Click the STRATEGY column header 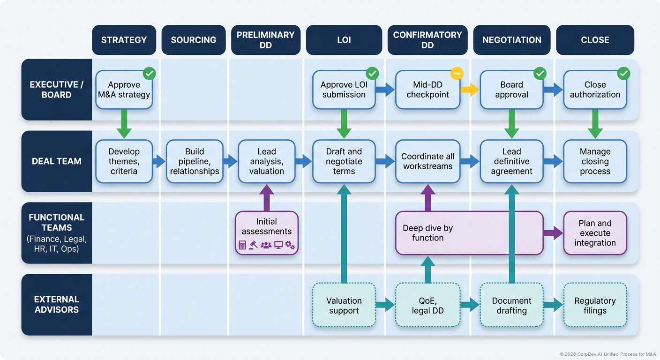pyautogui.click(x=124, y=40)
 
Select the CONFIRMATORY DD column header pyautogui.click(x=427, y=40)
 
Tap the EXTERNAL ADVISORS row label pyautogui.click(x=57, y=304)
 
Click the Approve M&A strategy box pyautogui.click(x=124, y=90)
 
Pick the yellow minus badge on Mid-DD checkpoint pyautogui.click(x=457, y=73)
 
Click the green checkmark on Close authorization pyautogui.click(x=623, y=73)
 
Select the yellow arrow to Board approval pyautogui.click(x=470, y=90)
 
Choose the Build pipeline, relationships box pyautogui.click(x=194, y=161)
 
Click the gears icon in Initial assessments pyautogui.click(x=290, y=245)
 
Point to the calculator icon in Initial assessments pyautogui.click(x=242, y=245)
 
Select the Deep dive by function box pyautogui.click(x=469, y=233)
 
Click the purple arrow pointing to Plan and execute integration pyautogui.click(x=553, y=232)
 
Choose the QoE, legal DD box pyautogui.click(x=427, y=305)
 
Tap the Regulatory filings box pyautogui.click(x=595, y=305)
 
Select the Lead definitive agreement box pyautogui.click(x=511, y=161)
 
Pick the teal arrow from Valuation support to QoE pyautogui.click(x=385, y=305)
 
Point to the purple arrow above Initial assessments pyautogui.click(x=266, y=197)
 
